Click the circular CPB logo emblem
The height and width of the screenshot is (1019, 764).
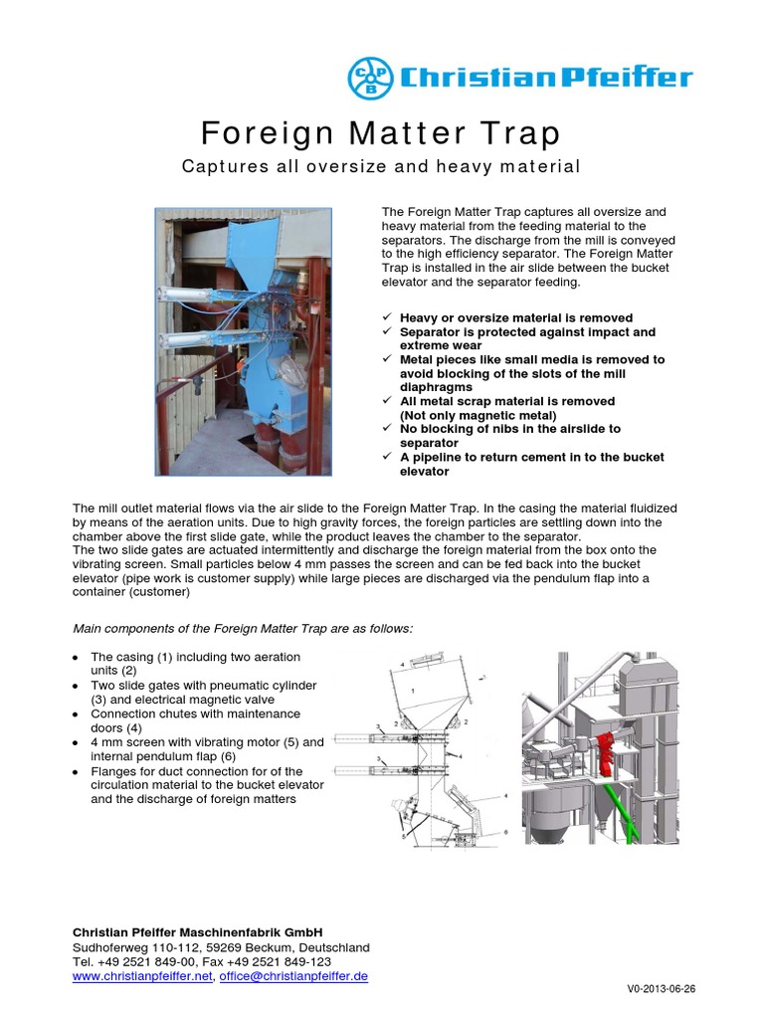pyautogui.click(x=370, y=78)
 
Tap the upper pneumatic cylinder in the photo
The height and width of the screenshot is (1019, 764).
pyautogui.click(x=194, y=292)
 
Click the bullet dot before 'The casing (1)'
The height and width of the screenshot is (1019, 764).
pyautogui.click(x=77, y=658)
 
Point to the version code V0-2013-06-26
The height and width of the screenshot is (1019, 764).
pyautogui.click(x=661, y=989)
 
